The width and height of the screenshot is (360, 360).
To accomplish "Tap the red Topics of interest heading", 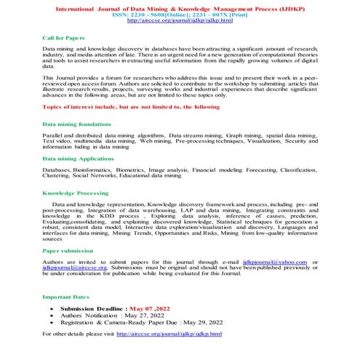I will click(121, 106).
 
